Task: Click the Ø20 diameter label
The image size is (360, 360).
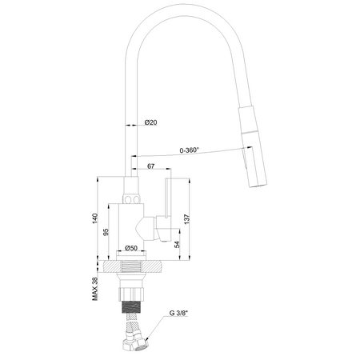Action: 150,123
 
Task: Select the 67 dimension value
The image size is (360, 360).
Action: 150,166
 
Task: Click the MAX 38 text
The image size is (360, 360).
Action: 94,286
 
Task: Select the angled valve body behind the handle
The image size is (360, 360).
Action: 146,229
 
